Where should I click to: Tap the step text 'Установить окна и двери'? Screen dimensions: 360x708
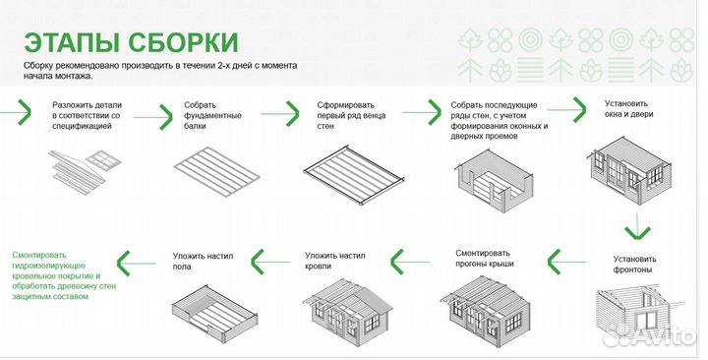[x=628, y=107]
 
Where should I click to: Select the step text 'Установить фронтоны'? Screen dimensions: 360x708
[x=634, y=266]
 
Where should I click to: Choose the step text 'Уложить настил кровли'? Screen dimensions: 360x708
[x=335, y=261]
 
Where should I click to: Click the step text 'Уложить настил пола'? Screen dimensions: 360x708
[x=203, y=261]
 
